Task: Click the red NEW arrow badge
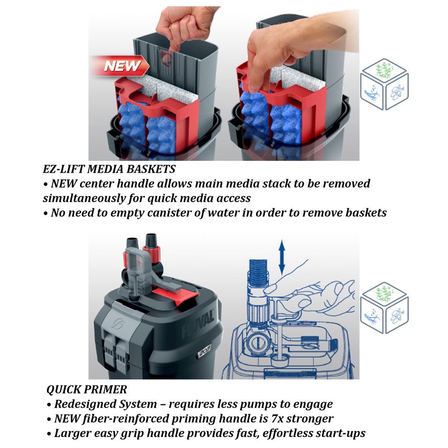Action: (x=120, y=66)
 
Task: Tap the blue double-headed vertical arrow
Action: (x=282, y=257)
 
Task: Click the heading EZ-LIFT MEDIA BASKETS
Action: (x=109, y=169)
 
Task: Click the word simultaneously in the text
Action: (x=84, y=199)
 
